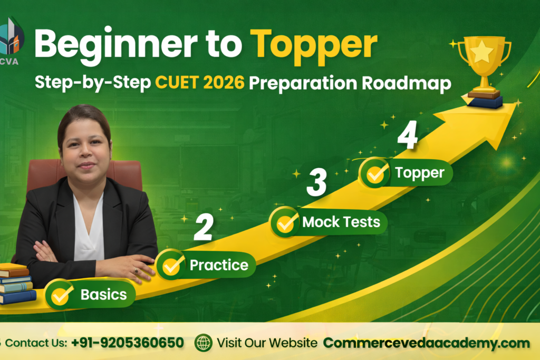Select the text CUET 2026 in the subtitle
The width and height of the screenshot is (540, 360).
(200, 83)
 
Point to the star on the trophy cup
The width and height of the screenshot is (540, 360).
(481, 52)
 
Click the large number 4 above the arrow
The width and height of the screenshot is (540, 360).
(408, 135)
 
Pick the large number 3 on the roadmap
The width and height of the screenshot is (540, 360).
(316, 182)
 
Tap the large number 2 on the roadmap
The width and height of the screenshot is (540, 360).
(204, 227)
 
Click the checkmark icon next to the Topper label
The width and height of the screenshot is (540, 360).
(375, 172)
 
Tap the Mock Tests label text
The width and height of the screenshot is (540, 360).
(341, 222)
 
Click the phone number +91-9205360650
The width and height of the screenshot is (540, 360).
(128, 343)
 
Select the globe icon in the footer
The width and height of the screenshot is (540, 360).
(203, 343)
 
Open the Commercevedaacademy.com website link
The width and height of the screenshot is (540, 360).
(426, 343)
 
